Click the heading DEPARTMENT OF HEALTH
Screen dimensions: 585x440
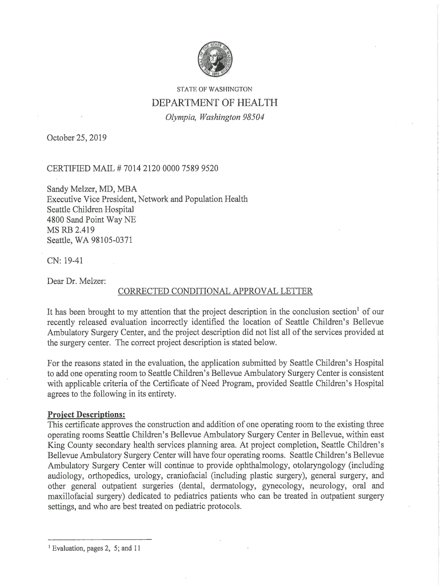[214, 103]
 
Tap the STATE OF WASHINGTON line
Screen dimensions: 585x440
[214, 89]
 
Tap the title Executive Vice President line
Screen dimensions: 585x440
[147, 199]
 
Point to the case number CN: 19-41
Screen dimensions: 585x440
[65, 261]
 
